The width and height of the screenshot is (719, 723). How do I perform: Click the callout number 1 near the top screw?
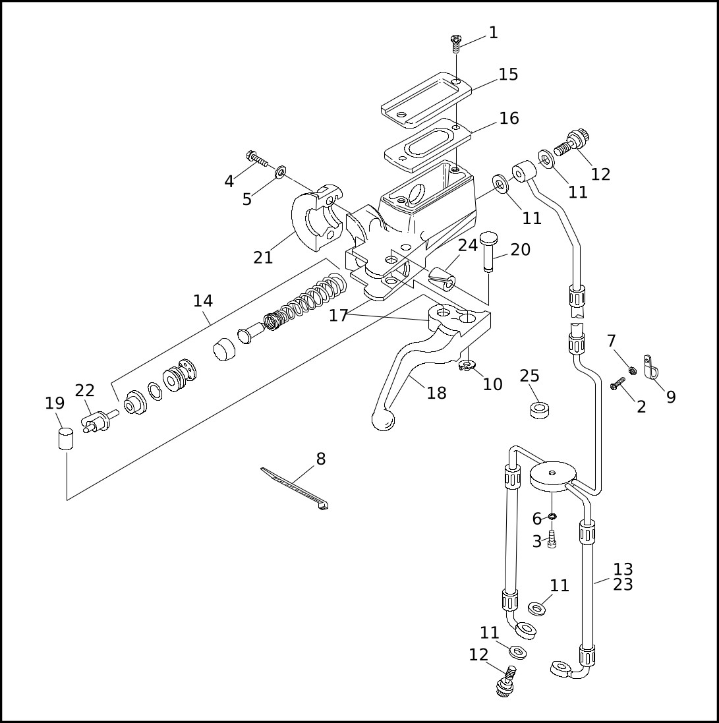point(494,33)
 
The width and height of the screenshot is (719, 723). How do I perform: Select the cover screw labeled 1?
point(455,43)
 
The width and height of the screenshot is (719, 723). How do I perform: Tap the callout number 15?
point(509,74)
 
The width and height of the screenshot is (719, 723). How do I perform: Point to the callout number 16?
point(509,118)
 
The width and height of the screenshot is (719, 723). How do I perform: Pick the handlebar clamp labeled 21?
point(317,218)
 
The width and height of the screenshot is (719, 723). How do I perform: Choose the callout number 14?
point(203,301)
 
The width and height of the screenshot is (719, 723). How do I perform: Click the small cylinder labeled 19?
point(65,438)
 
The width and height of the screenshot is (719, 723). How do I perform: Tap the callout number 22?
point(85,390)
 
